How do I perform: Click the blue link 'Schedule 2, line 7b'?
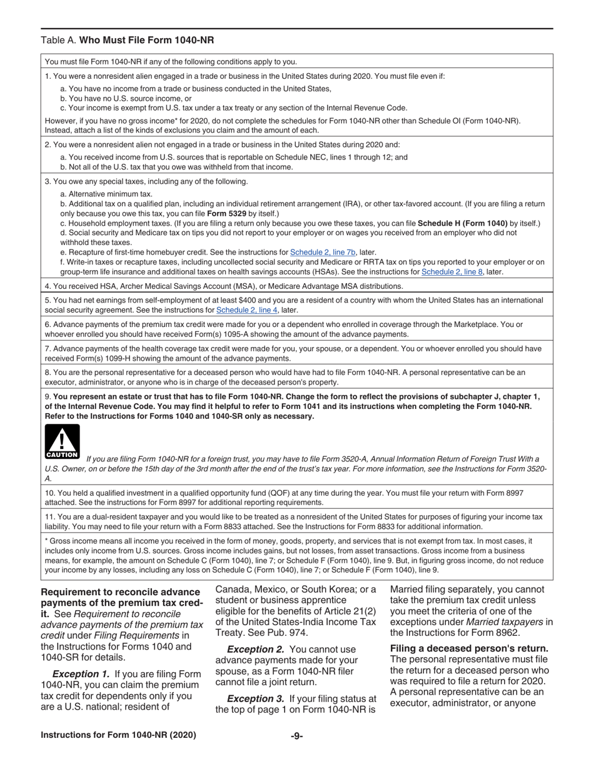pyautogui.click(x=323, y=253)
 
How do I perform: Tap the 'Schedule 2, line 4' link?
pyautogui.click(x=247, y=310)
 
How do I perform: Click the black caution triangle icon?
pyautogui.click(x=62, y=441)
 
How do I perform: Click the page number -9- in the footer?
pyautogui.click(x=297, y=736)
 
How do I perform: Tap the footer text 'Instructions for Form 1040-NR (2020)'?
pyautogui.click(x=119, y=735)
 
